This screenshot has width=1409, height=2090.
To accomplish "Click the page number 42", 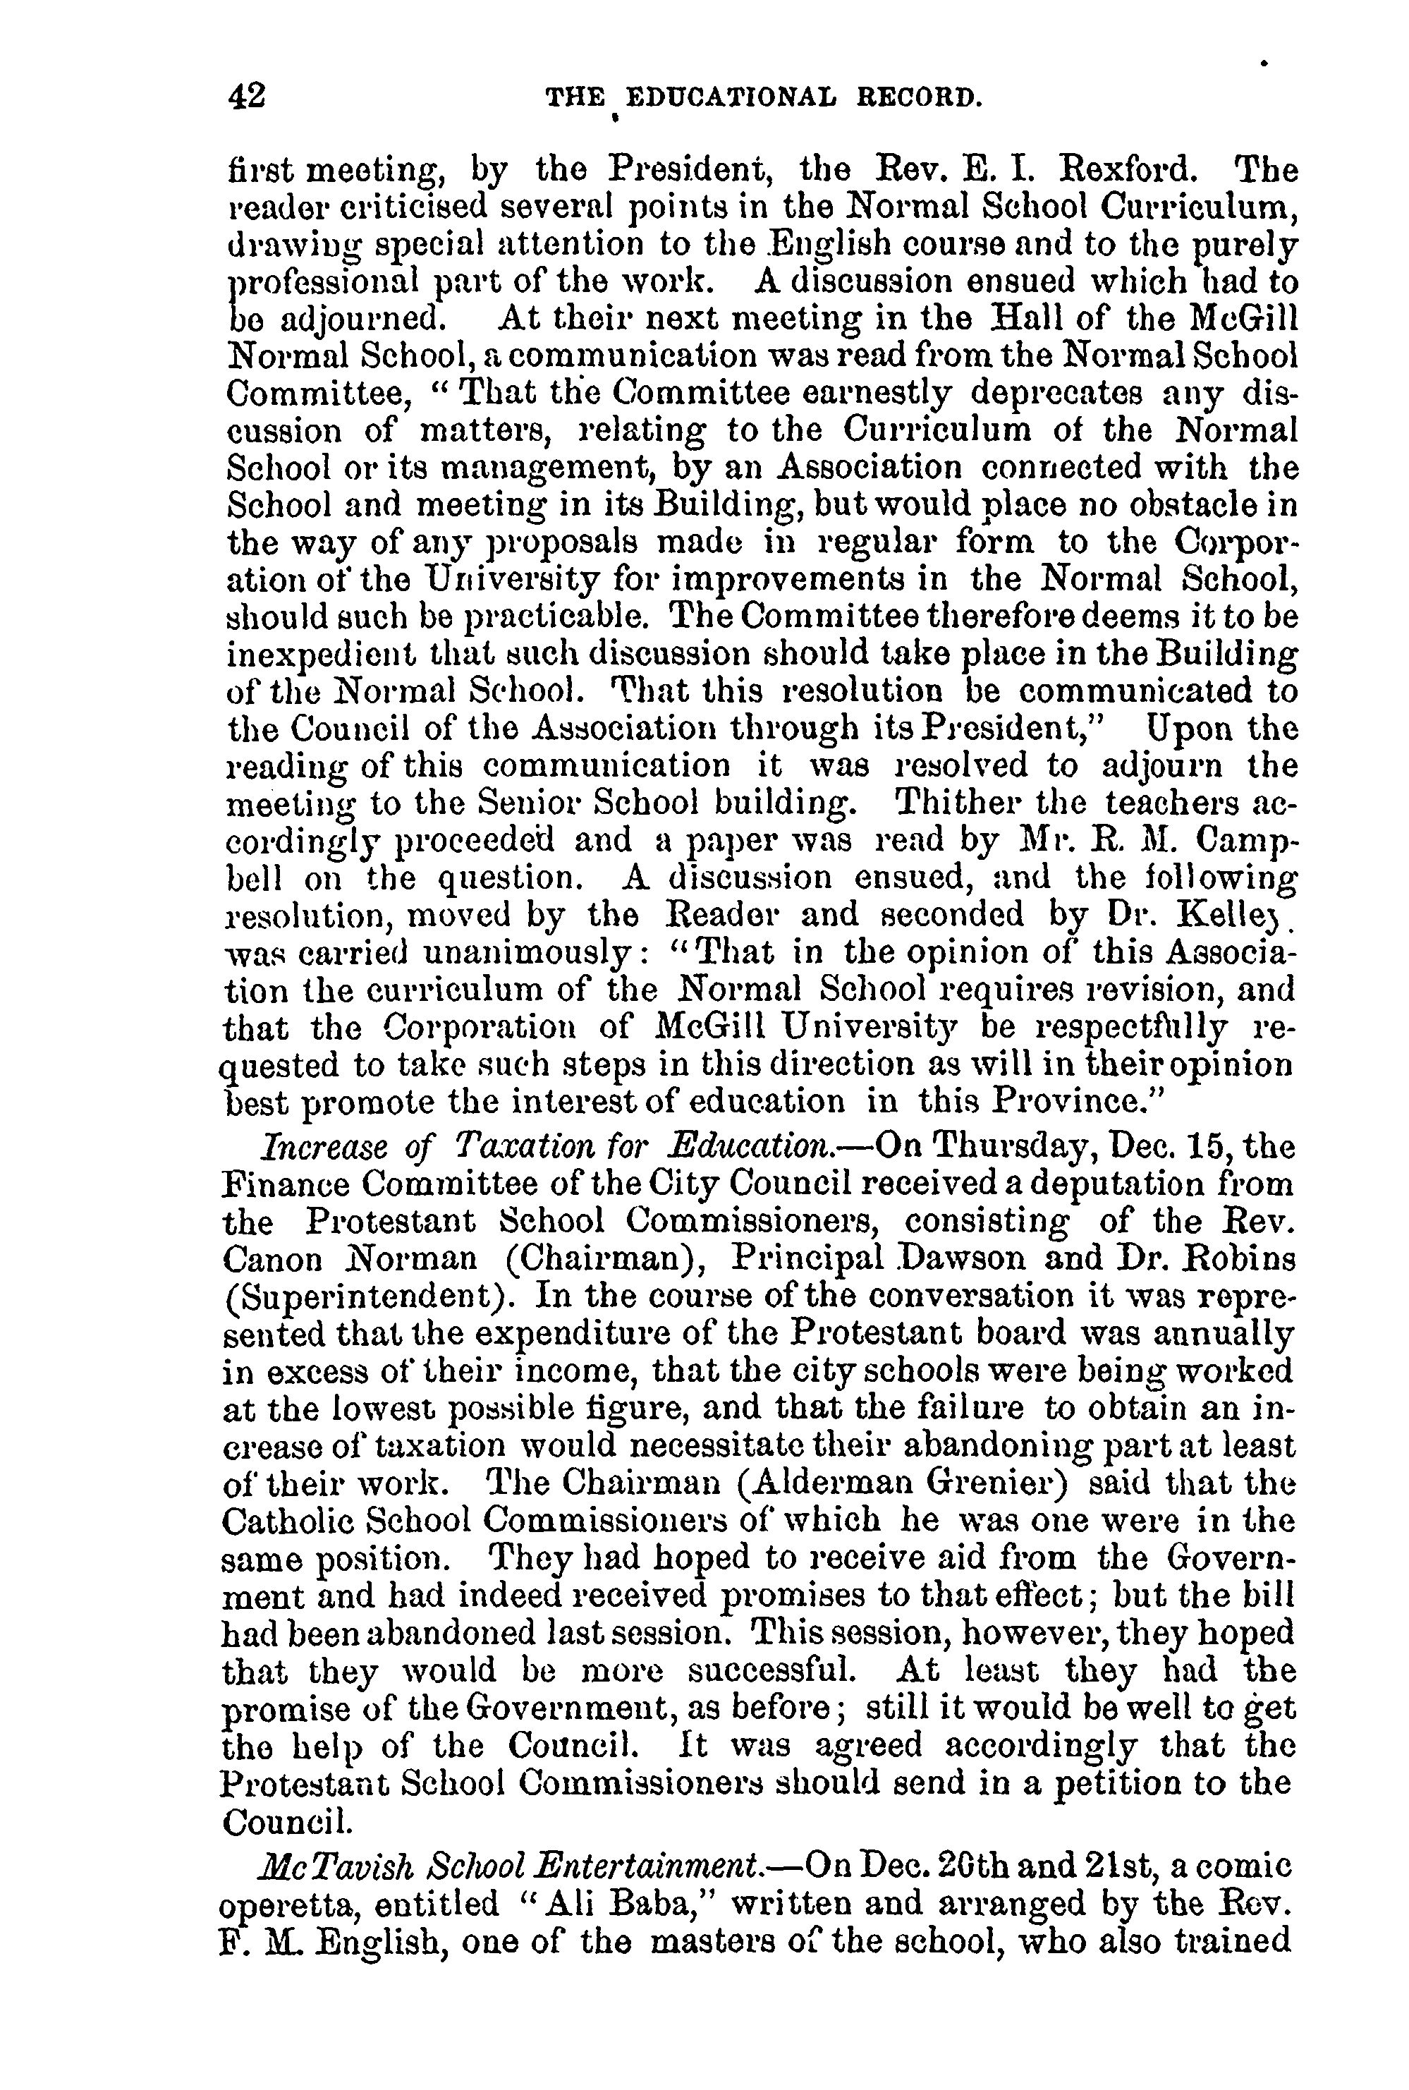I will coord(247,95).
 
